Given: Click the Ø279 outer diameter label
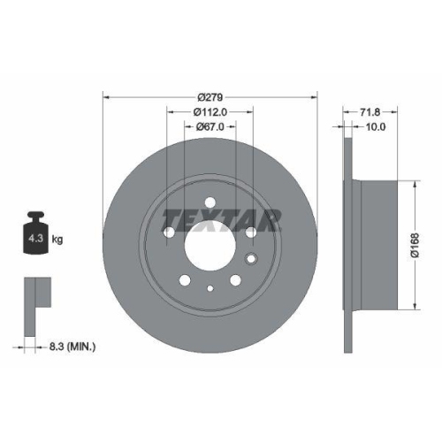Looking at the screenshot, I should [x=210, y=96].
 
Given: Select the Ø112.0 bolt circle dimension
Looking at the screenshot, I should [x=210, y=112].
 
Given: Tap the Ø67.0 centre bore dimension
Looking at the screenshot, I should [x=210, y=127].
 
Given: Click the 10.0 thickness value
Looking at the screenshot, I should [x=377, y=128].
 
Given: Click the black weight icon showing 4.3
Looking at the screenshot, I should [x=38, y=235].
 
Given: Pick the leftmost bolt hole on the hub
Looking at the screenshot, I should [x=169, y=232].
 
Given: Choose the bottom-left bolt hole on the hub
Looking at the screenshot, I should [x=185, y=280].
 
